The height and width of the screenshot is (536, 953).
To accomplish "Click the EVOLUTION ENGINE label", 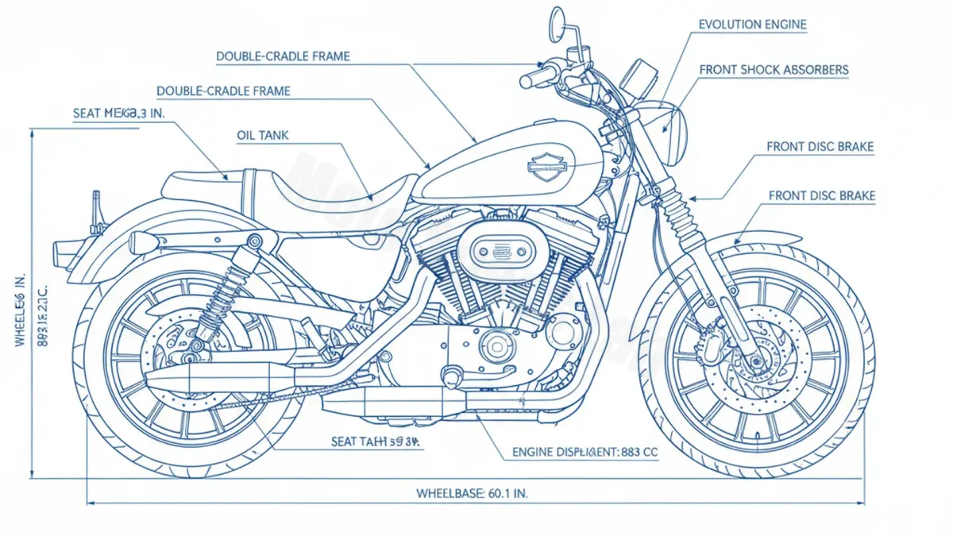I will [752, 25].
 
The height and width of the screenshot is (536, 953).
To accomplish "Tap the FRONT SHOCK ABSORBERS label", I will [774, 70].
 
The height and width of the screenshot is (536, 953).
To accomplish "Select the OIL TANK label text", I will [263, 136].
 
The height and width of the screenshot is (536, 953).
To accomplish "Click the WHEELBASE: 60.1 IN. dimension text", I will [472, 493].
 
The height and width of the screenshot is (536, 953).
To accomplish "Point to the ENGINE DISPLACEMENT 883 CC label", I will [585, 452].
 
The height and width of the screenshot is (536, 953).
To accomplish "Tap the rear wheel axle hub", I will [187, 347].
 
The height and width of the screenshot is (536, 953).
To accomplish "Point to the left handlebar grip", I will [534, 78].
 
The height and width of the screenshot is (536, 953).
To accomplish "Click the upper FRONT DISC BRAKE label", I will [820, 147].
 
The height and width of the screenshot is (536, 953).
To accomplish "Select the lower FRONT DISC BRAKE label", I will [822, 195].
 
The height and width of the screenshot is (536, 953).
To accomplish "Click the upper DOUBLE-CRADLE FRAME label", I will [283, 57].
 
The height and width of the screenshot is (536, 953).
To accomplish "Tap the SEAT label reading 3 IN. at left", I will [118, 114].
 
